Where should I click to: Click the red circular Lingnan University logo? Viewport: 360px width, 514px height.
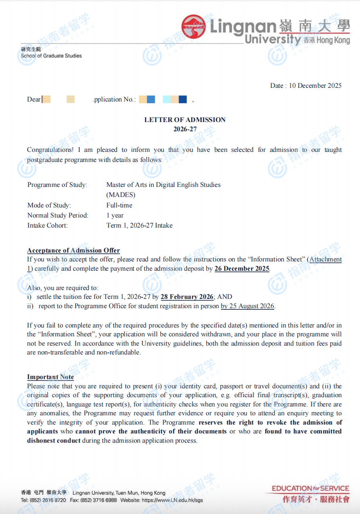194,27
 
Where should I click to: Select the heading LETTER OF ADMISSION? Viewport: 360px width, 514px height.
185,120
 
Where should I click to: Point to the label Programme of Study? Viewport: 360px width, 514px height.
57,185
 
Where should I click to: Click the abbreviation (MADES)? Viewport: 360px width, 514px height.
121,195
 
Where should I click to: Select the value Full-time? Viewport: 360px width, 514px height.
119,205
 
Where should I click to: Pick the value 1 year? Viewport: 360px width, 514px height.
115,216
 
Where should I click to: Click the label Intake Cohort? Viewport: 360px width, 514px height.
48,226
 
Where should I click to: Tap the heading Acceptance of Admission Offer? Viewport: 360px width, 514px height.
73,251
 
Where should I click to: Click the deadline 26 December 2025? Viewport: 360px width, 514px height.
242,269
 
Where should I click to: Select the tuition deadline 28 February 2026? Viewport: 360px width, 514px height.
187,297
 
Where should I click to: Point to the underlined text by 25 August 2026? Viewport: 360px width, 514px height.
248,306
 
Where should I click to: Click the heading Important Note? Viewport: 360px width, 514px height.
50,377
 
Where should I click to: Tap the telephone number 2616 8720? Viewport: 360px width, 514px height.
54,500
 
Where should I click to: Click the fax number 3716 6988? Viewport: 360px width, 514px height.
104,500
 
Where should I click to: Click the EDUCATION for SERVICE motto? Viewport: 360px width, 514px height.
310,489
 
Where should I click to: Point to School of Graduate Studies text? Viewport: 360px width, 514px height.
51,56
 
